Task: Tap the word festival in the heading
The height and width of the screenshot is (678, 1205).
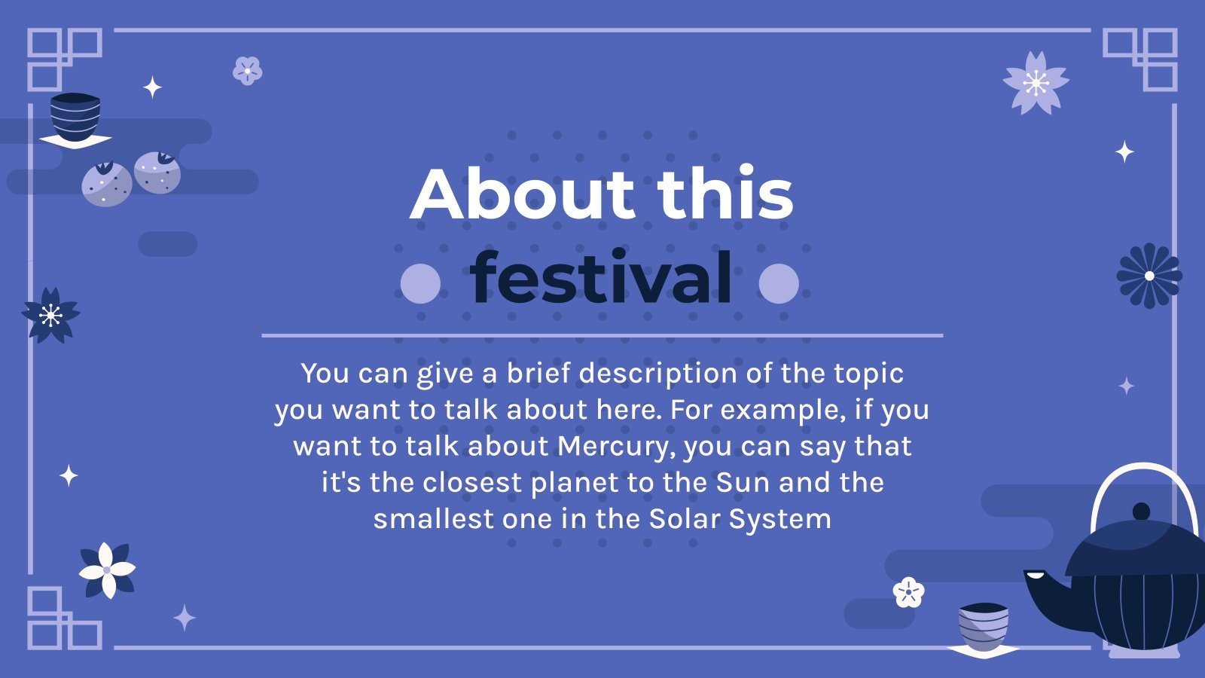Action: coord(601,278)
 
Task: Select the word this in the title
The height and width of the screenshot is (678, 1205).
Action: coord(725,194)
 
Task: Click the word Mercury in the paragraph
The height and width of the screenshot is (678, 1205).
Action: coord(613,446)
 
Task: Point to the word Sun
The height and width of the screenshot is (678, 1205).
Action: coord(743,482)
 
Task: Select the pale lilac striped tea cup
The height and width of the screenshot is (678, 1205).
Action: coord(983,625)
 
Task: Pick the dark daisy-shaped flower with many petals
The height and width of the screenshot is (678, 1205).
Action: coord(1149,276)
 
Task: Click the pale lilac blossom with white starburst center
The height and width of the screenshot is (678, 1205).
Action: coord(1036,83)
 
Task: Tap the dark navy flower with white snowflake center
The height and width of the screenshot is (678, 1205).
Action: coord(50,315)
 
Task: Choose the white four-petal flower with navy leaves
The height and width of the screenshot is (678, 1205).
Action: coord(107,570)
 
